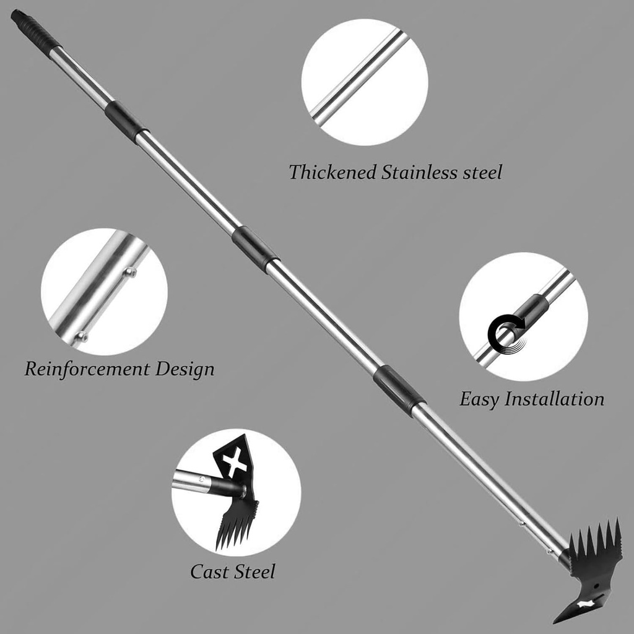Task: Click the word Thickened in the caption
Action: coord(332,172)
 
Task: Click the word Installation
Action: coord(554,399)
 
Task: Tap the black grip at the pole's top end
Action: coord(35,29)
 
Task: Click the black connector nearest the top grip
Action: coord(126,121)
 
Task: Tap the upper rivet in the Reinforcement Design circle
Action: coord(130,271)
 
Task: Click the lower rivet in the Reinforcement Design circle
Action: coord(80,336)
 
